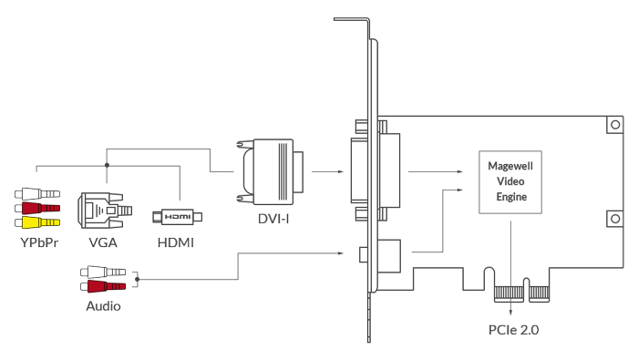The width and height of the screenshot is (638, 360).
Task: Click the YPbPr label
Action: pos(39,242)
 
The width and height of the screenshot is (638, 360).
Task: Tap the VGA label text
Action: pos(103,242)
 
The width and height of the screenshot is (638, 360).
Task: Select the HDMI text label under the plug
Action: pos(175,242)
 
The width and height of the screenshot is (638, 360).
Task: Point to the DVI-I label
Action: pos(273,219)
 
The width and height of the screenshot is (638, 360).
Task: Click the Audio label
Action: pos(103,306)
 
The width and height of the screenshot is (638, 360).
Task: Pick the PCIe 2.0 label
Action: pos(513,330)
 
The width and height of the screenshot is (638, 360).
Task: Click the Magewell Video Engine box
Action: pos(510,182)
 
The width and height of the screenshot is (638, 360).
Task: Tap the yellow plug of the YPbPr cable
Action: pos(37,222)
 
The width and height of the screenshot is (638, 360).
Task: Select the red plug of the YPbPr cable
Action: pos(37,209)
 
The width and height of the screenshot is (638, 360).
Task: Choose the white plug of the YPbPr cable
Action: pos(37,193)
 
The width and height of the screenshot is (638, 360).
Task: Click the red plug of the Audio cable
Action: pos(103,286)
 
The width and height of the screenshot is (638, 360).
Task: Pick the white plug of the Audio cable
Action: pos(103,272)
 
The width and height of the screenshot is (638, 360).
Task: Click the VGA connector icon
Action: pos(105,211)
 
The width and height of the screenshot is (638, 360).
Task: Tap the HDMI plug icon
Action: pos(178,217)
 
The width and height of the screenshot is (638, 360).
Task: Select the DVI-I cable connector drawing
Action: pos(270,171)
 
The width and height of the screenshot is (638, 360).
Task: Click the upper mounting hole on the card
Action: pos(615,125)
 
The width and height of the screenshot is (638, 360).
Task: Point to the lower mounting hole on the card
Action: pos(615,219)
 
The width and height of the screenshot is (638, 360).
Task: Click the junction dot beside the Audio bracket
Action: pos(138,279)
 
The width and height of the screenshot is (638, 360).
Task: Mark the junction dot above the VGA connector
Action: pos(107,165)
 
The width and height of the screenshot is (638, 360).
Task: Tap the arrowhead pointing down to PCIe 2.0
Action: pos(510,312)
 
